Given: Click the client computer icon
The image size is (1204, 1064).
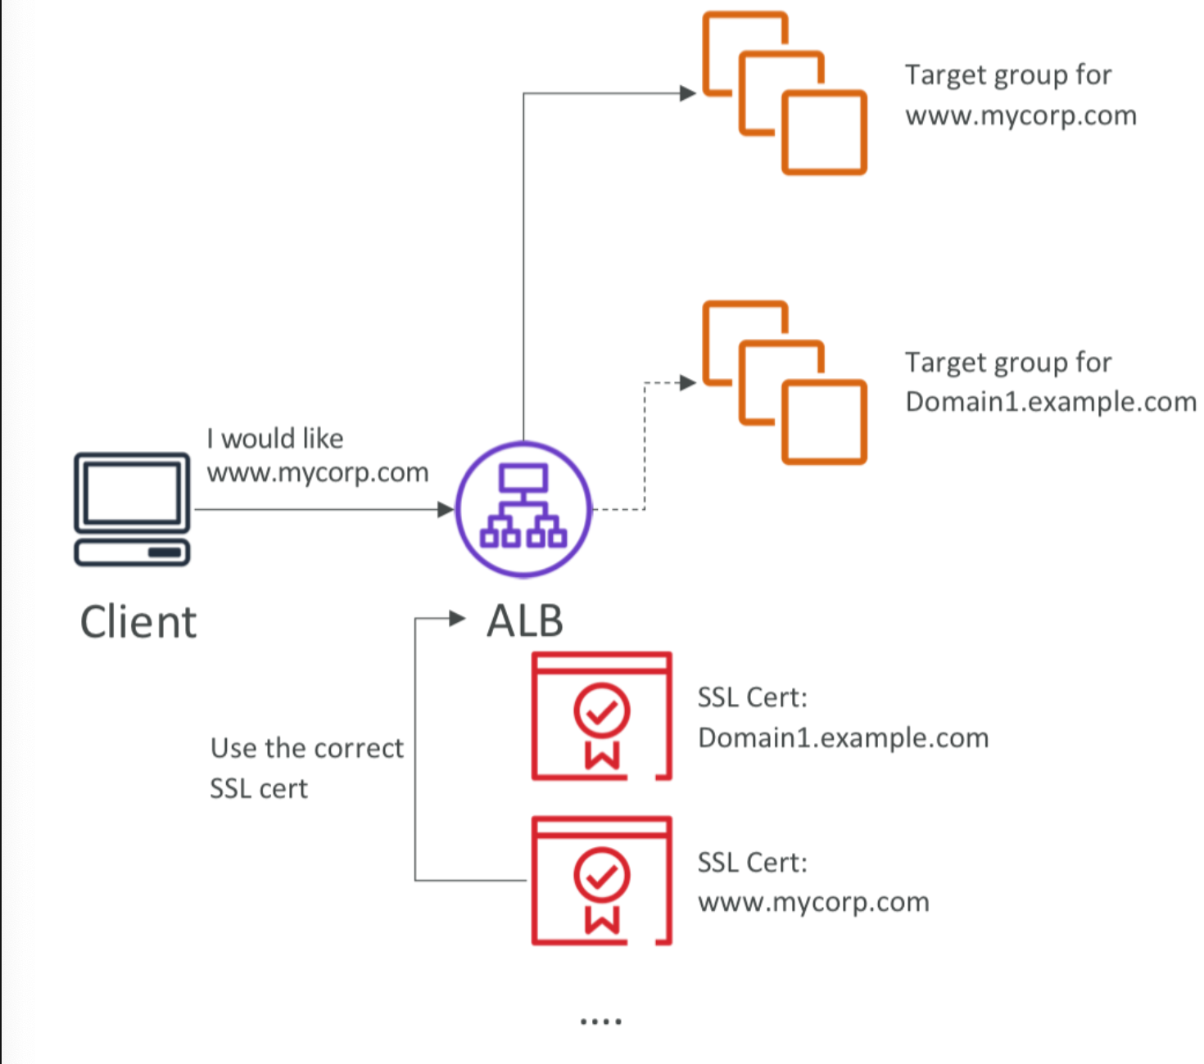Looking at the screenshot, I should click(x=132, y=508).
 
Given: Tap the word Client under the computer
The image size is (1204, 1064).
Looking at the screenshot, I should click(x=138, y=622).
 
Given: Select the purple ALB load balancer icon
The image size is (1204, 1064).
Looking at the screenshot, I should click(x=523, y=509).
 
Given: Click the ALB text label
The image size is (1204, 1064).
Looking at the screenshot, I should click(x=525, y=621).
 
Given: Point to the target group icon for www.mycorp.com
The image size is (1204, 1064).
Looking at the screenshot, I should click(x=784, y=92).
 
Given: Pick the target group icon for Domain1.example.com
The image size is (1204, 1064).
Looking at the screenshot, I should click(x=784, y=382).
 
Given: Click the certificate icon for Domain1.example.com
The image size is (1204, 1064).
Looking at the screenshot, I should click(x=602, y=716).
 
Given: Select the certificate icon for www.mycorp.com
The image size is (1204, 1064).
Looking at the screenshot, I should click(x=602, y=881).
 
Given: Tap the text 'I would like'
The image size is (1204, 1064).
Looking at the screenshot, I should click(x=275, y=439).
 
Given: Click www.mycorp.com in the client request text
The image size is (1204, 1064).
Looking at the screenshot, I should click(x=318, y=473).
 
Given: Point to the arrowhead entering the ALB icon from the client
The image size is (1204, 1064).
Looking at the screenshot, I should click(x=446, y=509).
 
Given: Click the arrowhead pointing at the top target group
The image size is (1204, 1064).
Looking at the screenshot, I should click(x=688, y=93).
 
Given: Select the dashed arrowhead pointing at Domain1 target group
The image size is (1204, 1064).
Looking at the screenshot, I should click(x=688, y=382).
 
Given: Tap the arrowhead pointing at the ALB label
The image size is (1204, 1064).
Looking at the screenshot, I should click(x=458, y=619).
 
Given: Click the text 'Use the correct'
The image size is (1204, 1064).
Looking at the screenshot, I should click(x=307, y=748).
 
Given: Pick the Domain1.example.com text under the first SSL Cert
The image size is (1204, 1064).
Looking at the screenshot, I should click(x=843, y=738).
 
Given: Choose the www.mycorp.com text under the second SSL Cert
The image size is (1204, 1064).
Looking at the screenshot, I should click(x=813, y=902).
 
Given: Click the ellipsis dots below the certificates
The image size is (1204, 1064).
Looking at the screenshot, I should click(x=600, y=1021).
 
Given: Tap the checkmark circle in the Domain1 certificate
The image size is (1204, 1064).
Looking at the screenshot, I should click(x=602, y=710).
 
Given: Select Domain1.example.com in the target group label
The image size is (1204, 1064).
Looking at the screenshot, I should click(x=1050, y=402).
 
